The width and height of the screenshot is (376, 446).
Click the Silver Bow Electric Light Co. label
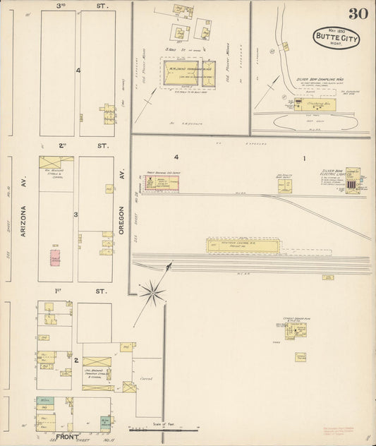click(332, 174)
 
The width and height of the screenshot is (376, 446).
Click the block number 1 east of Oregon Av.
click(304, 159)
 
